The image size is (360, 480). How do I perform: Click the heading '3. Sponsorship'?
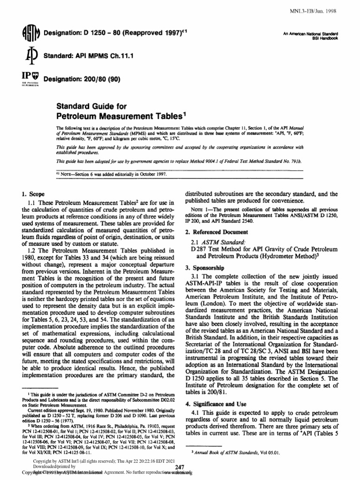tap(204, 267)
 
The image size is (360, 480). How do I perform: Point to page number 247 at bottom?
tap(180, 471)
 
